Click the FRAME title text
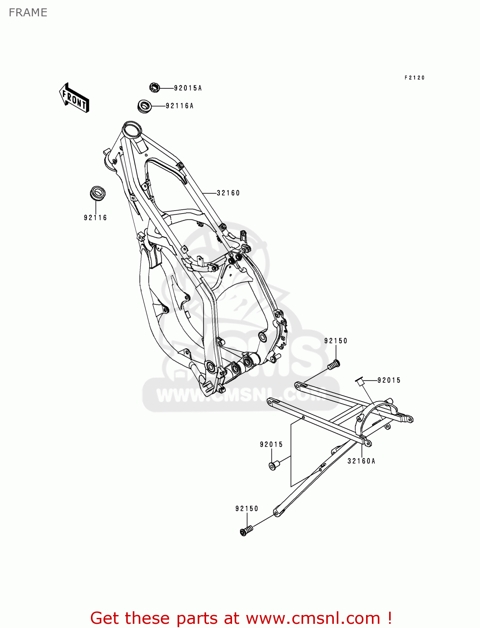(28, 13)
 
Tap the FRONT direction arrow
(74, 98)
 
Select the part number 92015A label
(188, 88)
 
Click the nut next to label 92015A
(155, 88)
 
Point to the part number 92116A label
(180, 106)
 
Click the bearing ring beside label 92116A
(145, 106)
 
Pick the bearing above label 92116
(98, 194)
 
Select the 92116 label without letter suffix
(95, 218)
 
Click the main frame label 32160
(228, 193)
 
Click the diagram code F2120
(415, 78)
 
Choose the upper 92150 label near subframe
(335, 341)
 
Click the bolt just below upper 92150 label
(334, 365)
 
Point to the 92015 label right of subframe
(389, 380)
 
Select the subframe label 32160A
(361, 461)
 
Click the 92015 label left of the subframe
(271, 444)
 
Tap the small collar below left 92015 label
(274, 465)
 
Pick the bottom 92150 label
(247, 509)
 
